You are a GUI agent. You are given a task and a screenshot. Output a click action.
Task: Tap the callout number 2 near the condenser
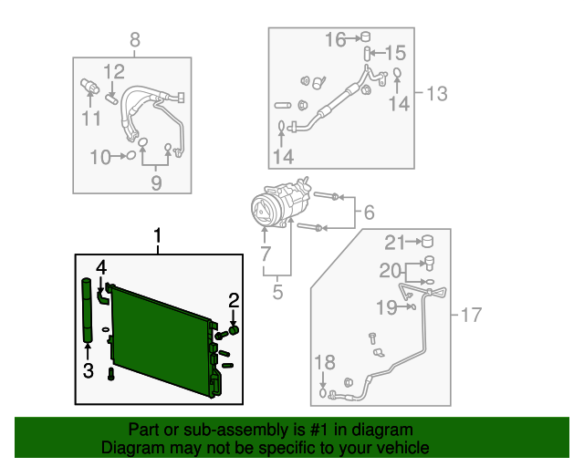tap(234, 300)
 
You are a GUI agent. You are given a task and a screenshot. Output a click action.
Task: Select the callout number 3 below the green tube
tap(88, 369)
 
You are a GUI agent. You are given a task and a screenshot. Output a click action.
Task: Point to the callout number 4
tap(101, 267)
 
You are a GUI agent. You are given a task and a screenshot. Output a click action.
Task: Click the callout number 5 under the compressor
tap(277, 293)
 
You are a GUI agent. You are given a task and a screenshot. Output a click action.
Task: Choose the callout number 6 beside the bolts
tap(369, 213)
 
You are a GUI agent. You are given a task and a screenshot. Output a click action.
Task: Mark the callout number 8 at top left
tap(135, 39)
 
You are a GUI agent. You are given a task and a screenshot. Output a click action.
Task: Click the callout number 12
tap(113, 72)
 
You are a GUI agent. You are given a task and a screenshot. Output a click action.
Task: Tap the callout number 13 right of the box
tap(437, 92)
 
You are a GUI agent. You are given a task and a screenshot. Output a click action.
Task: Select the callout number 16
tap(336, 39)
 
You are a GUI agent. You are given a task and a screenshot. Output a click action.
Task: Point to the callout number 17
tap(470, 316)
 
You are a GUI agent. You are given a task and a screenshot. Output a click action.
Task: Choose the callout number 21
tap(393, 242)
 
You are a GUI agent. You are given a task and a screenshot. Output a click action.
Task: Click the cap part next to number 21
tap(425, 242)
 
